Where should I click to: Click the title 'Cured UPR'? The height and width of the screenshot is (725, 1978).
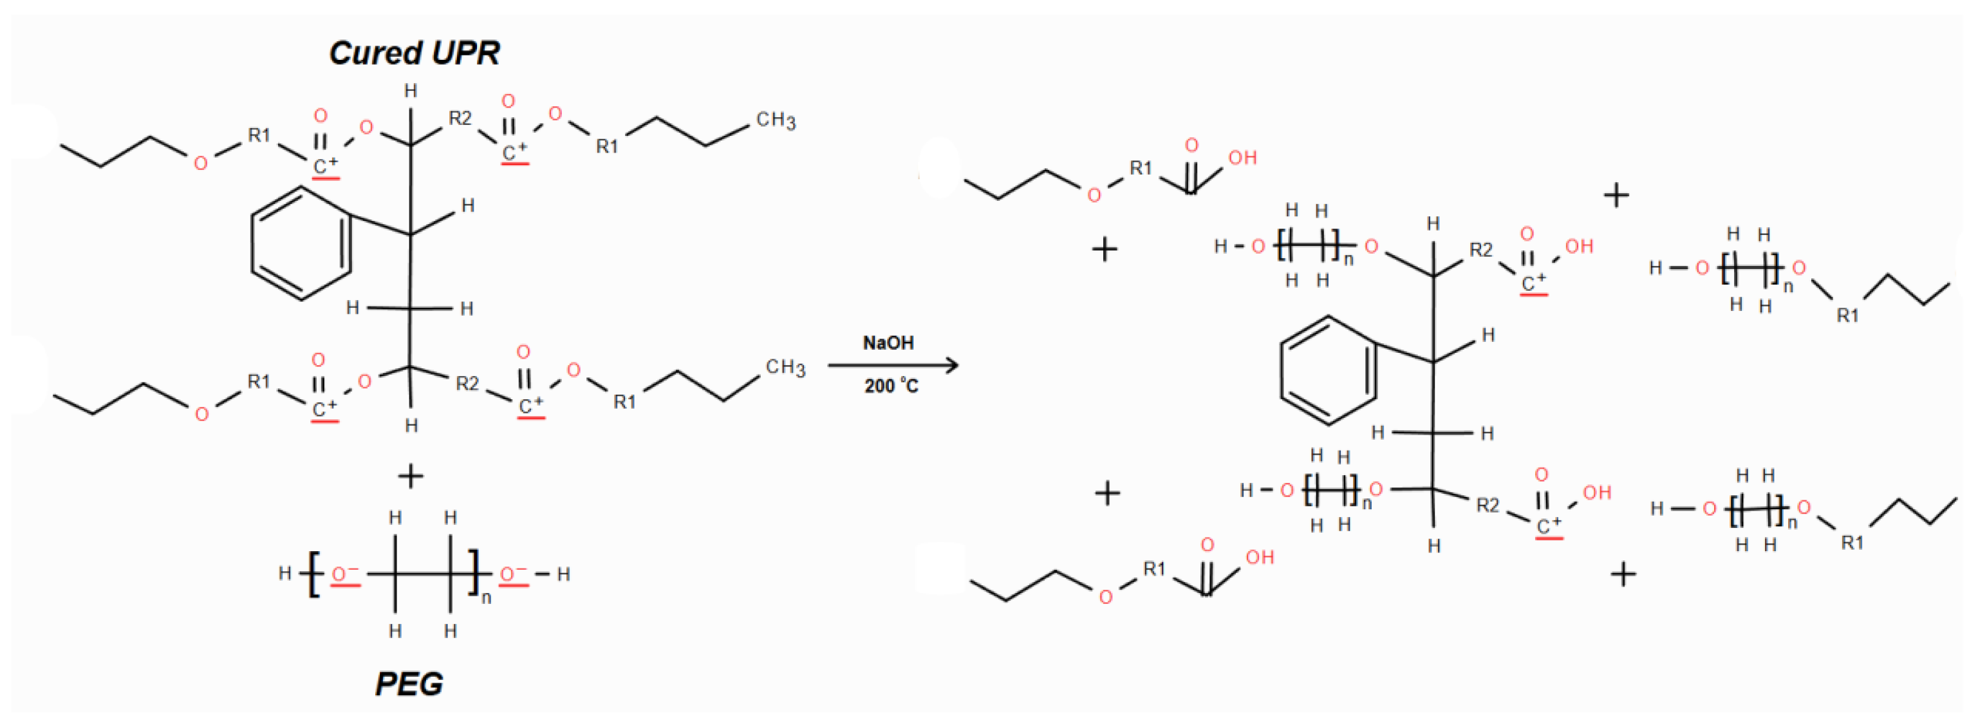pyautogui.click(x=414, y=53)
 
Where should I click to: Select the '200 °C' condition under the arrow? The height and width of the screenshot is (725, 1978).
pyautogui.click(x=891, y=385)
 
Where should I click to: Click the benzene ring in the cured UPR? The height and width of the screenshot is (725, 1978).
pyautogui.click(x=301, y=243)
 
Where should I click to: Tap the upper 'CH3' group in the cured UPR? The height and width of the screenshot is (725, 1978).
pyautogui.click(x=776, y=120)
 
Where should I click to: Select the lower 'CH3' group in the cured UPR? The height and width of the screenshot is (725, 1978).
pyautogui.click(x=785, y=368)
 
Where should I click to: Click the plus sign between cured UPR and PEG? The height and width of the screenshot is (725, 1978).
pyautogui.click(x=411, y=476)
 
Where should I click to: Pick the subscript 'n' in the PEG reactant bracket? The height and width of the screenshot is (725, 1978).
pyautogui.click(x=486, y=598)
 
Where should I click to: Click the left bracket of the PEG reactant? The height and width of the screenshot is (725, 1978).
pyautogui.click(x=313, y=574)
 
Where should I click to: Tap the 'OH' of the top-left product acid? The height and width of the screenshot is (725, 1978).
pyautogui.click(x=1242, y=158)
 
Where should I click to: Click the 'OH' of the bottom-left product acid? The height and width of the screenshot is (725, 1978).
pyautogui.click(x=1259, y=558)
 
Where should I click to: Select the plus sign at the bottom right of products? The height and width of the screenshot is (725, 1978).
pyautogui.click(x=1623, y=574)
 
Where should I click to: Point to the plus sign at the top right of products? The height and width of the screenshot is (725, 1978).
pyautogui.click(x=1616, y=195)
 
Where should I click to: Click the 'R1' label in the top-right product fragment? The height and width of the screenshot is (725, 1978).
pyautogui.click(x=1847, y=315)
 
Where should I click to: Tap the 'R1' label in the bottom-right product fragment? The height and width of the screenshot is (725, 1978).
pyautogui.click(x=1852, y=543)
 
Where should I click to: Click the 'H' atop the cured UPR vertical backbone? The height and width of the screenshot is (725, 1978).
pyautogui.click(x=411, y=91)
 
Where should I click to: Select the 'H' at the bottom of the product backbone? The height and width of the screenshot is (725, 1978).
pyautogui.click(x=1433, y=547)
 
